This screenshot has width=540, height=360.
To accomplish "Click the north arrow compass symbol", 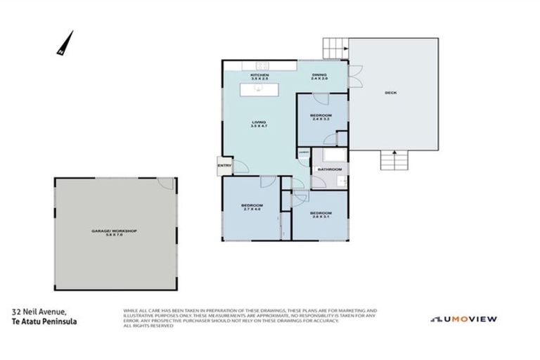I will click(65, 44).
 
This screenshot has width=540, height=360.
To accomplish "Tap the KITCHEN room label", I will click(260, 75).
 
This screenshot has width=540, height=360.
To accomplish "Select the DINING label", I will click(320, 75).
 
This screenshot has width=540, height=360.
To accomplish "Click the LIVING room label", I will click(259, 124).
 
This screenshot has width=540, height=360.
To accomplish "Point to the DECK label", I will click(390, 93).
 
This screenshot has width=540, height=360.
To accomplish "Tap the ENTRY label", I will click(224, 165).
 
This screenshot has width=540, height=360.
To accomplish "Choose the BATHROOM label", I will click(329, 169).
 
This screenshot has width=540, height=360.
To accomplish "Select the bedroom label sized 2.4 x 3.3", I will click(321, 117).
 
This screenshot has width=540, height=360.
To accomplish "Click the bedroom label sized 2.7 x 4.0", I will click(252, 207).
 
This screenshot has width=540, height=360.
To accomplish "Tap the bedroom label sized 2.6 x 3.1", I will click(320, 214).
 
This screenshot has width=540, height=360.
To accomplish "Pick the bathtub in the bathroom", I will click(327, 155).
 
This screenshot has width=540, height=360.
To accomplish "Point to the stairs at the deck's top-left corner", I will click(335, 49).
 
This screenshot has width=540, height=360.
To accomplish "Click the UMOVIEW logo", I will click(464, 319).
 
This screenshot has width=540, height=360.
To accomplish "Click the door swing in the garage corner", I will click(166, 183).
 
